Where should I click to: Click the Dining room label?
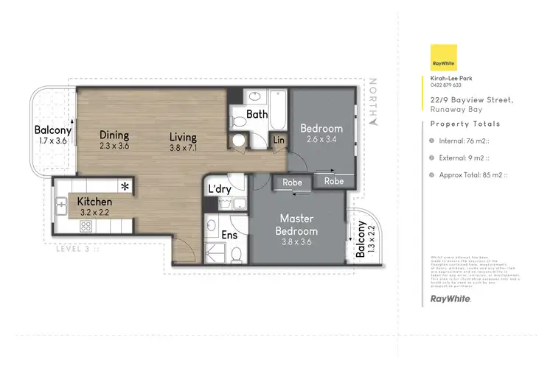pyautogui.click(x=114, y=135)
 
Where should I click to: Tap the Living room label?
pyautogui.click(x=183, y=136)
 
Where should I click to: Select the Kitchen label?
pyautogui.click(x=94, y=202)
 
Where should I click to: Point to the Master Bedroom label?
pyautogui.click(x=297, y=224)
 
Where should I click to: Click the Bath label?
pyautogui.click(x=257, y=114)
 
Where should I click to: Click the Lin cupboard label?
pyautogui.click(x=279, y=139)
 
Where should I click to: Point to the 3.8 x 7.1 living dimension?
pyautogui.click(x=183, y=146)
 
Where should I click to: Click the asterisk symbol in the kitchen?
pyautogui.click(x=125, y=185)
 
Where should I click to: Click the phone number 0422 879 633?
pyautogui.click(x=447, y=85)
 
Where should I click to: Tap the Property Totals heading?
pyautogui.click(x=465, y=124)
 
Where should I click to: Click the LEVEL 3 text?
pyautogui.click(x=76, y=250)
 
